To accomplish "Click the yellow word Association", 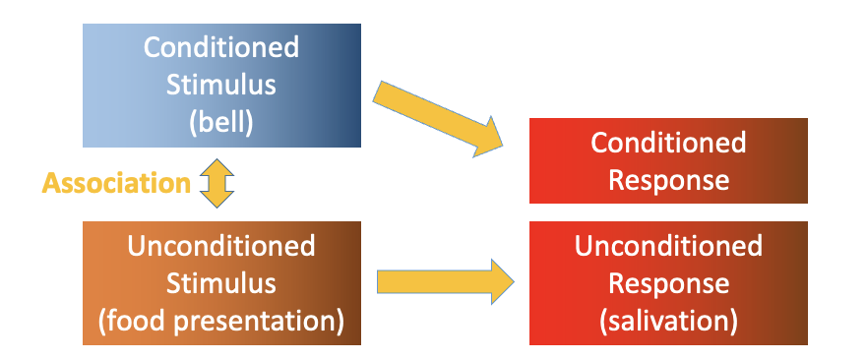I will tap(116, 183).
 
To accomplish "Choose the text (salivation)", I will tap(668, 321).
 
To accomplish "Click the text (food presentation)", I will tap(220, 321).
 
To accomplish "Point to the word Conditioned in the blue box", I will tap(220, 47).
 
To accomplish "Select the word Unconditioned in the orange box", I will tap(220, 246).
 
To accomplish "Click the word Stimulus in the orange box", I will tap(220, 283).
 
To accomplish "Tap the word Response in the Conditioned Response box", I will tap(668, 180).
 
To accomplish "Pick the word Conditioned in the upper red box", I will tap(668, 144).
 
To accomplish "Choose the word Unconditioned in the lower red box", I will tap(668, 246).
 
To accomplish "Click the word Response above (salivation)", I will tap(668, 283).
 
